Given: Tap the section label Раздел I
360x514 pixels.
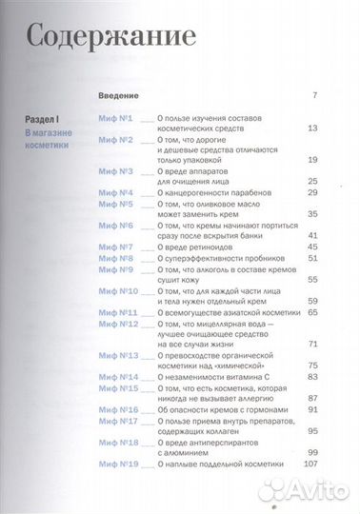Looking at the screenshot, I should coord(44,117).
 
